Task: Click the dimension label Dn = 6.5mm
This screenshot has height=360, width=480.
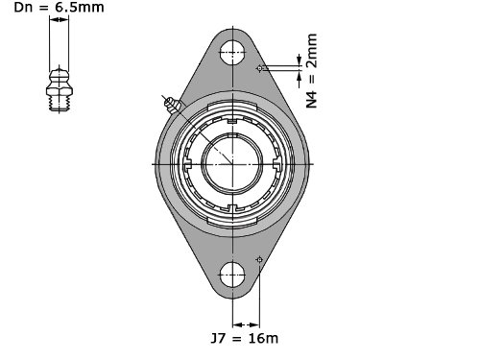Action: pyautogui.click(x=59, y=7)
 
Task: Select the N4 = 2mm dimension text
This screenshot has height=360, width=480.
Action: pyautogui.click(x=312, y=71)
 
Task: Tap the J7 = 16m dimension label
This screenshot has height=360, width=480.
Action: pyautogui.click(x=245, y=338)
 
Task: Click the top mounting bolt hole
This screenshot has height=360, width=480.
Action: pyautogui.click(x=232, y=53)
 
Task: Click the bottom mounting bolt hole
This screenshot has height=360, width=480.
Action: pyautogui.click(x=232, y=275)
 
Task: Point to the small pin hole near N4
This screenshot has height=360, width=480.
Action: pyautogui.click(x=259, y=68)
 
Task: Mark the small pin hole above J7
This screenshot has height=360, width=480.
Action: pyautogui.click(x=259, y=259)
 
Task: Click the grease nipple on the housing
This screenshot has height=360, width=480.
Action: pyautogui.click(x=172, y=105)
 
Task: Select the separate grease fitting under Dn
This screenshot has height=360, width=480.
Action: pyautogui.click(x=60, y=89)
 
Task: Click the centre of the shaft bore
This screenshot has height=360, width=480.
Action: pyautogui.click(x=232, y=164)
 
